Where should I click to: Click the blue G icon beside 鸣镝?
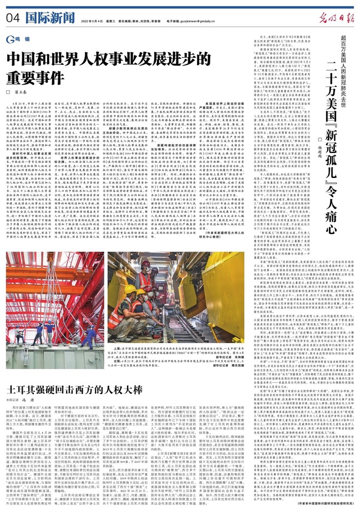click(11, 39)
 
